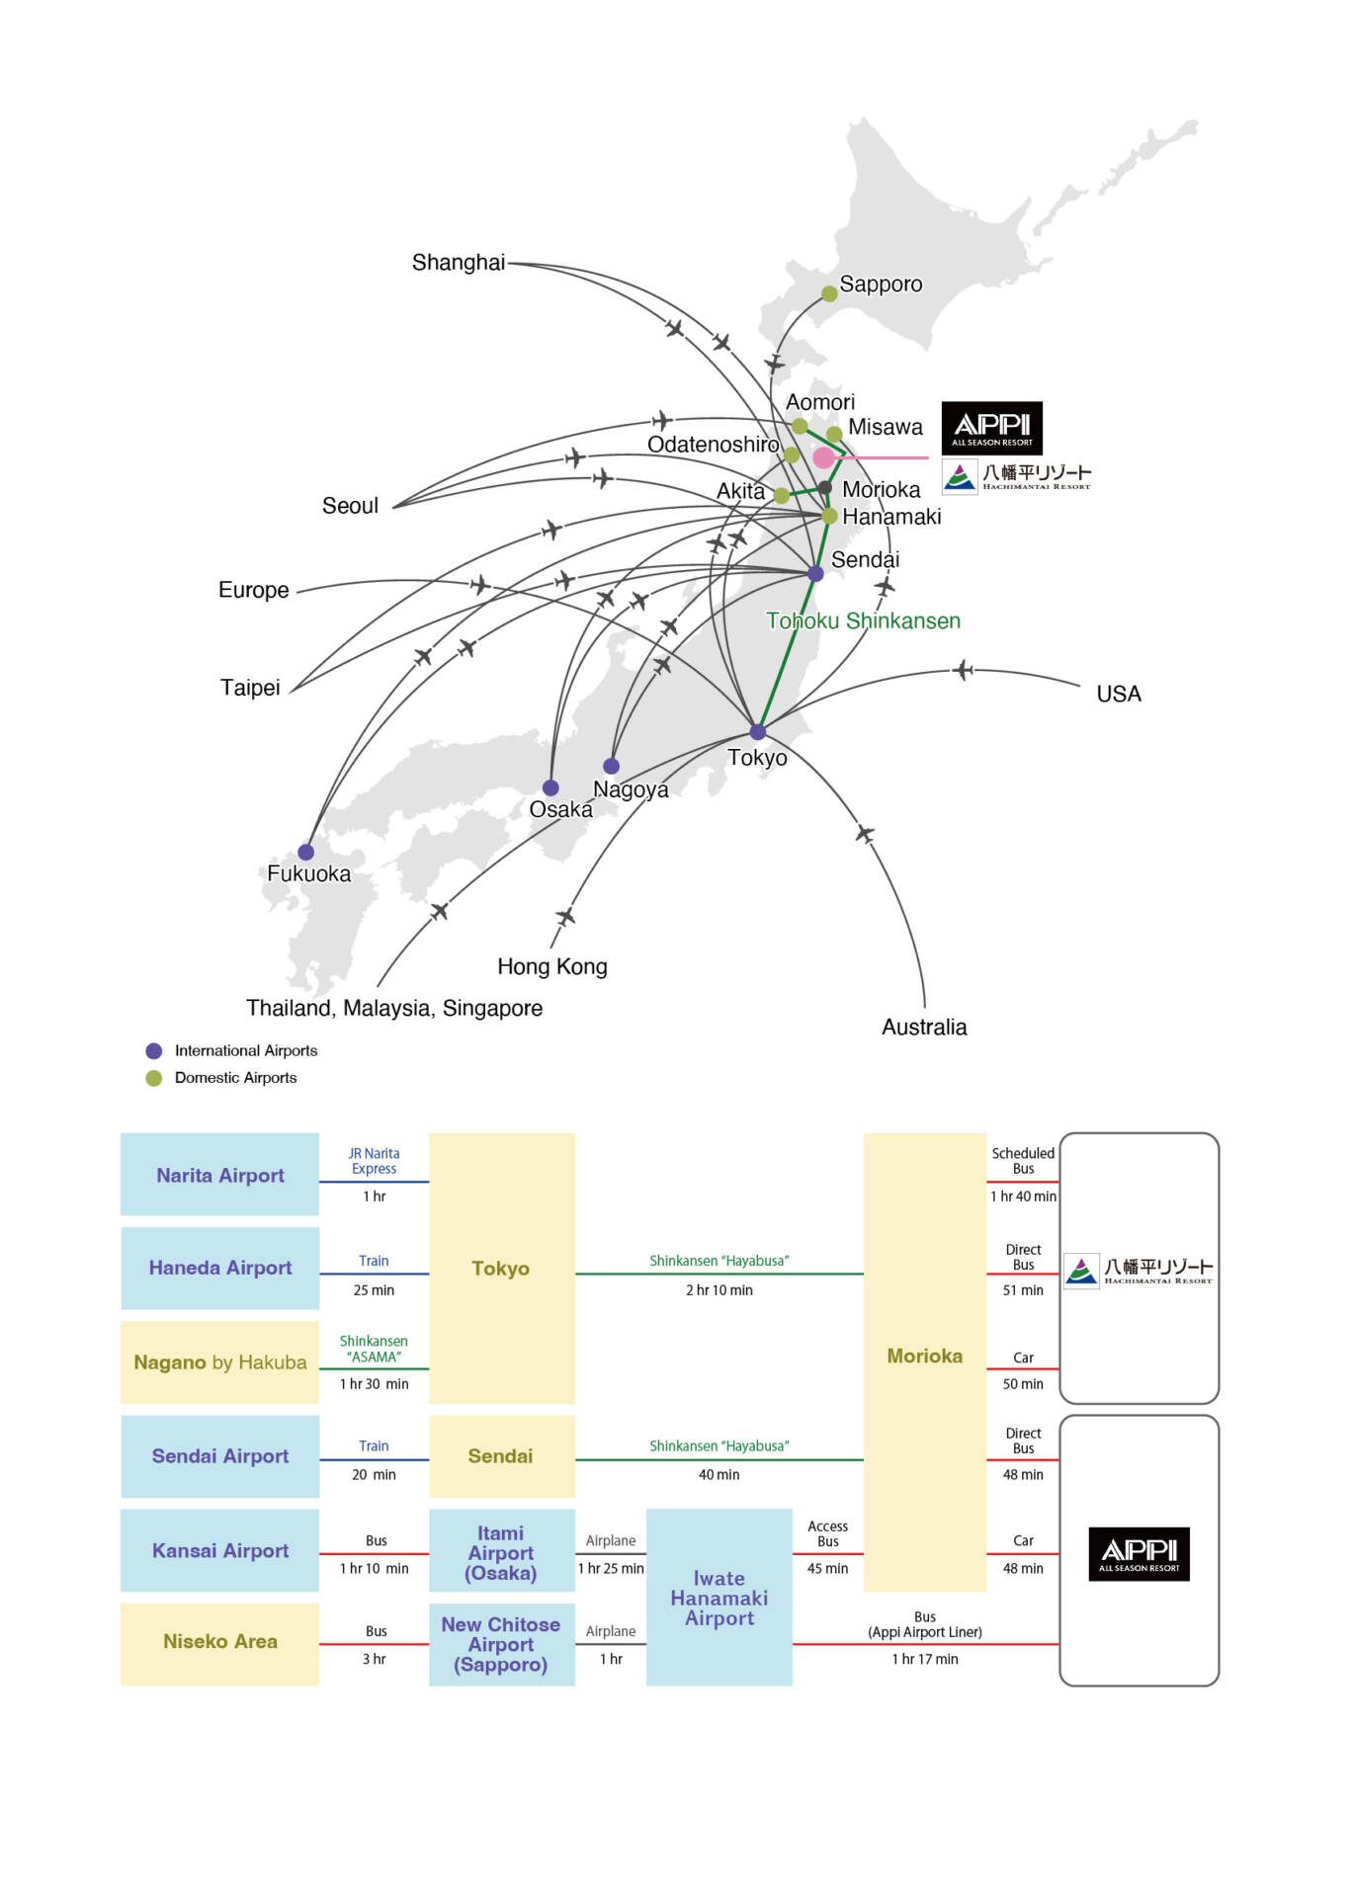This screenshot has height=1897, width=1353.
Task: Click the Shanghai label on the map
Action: tap(458, 263)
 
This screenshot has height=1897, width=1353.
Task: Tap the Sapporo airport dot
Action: tap(829, 293)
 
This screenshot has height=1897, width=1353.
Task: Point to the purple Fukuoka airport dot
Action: tap(306, 852)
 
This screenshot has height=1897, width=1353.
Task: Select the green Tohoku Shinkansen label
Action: tap(863, 621)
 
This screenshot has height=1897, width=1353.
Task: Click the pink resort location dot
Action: tap(823, 457)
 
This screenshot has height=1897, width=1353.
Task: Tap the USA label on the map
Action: tap(1118, 694)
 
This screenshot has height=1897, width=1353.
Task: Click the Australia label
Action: tap(923, 1028)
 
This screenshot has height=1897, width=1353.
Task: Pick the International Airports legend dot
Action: tap(153, 1051)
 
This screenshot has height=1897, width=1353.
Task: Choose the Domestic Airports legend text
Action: tap(235, 1078)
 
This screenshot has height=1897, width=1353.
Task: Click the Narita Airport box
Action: tap(219, 1175)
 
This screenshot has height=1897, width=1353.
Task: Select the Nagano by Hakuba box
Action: tap(219, 1362)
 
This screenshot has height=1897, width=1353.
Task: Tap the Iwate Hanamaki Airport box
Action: tap(719, 1598)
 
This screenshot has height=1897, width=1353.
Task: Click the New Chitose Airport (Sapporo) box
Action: tap(501, 1645)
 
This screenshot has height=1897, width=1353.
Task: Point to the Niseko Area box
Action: tap(219, 1642)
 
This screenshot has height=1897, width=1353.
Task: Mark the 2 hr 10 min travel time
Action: tap(719, 1290)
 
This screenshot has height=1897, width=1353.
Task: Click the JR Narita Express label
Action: tap(374, 1161)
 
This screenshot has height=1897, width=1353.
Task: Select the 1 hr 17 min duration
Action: tap(924, 1660)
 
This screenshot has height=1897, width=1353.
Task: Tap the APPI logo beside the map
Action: tap(991, 428)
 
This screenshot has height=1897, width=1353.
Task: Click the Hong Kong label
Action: tap(551, 967)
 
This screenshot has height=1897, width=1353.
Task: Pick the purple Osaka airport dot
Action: tap(550, 787)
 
